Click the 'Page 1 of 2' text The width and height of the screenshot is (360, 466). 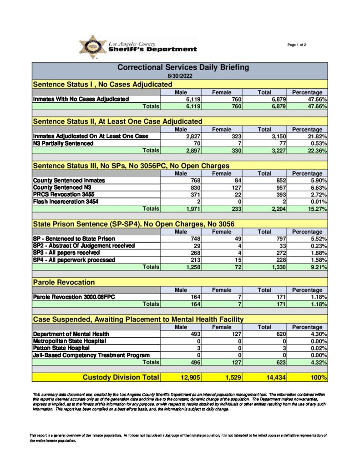coord(297,45)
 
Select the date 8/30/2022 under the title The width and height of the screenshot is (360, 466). coord(180,76)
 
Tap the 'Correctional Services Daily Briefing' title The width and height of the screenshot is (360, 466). coord(183,67)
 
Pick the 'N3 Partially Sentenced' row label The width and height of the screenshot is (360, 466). coord(63,143)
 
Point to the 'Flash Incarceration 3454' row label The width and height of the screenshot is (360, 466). coord(66,202)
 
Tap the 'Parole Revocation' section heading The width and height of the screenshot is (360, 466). coord(64,283)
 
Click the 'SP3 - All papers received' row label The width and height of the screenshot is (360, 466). coord(66,253)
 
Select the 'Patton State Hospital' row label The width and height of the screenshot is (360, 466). coord(58,348)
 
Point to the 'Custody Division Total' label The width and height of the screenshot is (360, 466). coord(121,377)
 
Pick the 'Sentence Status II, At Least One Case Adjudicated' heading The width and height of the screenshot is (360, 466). coord(118,121)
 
